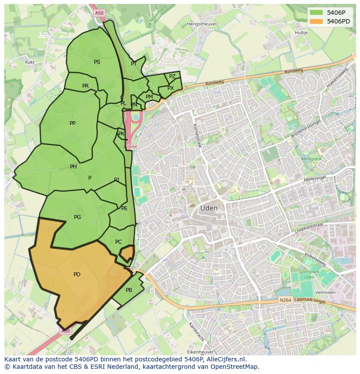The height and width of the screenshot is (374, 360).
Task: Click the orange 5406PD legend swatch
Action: click(316, 21)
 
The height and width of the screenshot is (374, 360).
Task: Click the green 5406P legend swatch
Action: click(316, 13)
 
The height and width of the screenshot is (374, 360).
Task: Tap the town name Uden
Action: click(209, 208)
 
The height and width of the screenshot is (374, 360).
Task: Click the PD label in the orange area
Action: click(77, 275)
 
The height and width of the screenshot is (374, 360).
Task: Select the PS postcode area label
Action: click(97, 62)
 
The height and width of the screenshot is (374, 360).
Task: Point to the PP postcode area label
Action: click(73, 123)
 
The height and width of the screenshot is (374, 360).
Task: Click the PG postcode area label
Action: click(77, 217)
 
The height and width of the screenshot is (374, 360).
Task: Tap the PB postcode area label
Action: click(129, 290)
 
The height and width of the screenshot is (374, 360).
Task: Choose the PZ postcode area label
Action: click(172, 76)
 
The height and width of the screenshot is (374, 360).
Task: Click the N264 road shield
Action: click(285, 300)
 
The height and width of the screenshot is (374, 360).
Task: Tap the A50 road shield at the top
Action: click(99, 13)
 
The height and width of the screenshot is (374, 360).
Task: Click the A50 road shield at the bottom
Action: click(65, 331)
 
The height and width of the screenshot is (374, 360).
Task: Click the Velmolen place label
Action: click(326, 292)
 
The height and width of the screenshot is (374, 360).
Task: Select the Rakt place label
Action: click(30, 62)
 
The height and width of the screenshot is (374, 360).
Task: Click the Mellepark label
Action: click(310, 159)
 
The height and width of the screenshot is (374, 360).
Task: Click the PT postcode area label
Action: click(134, 64)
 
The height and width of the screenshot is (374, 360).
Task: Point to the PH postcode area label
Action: click(73, 167)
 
